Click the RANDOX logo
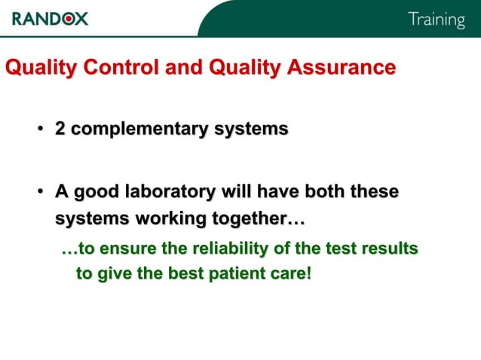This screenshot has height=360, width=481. pyautogui.click(x=51, y=18)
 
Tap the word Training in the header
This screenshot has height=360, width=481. pyautogui.click(x=437, y=20)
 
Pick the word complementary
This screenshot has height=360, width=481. pyautogui.click(x=139, y=130)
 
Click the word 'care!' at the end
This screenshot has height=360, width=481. pyautogui.click(x=290, y=273)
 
